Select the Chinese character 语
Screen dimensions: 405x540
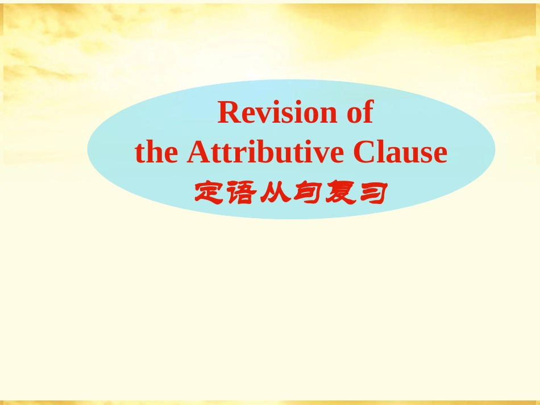point(242,193)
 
